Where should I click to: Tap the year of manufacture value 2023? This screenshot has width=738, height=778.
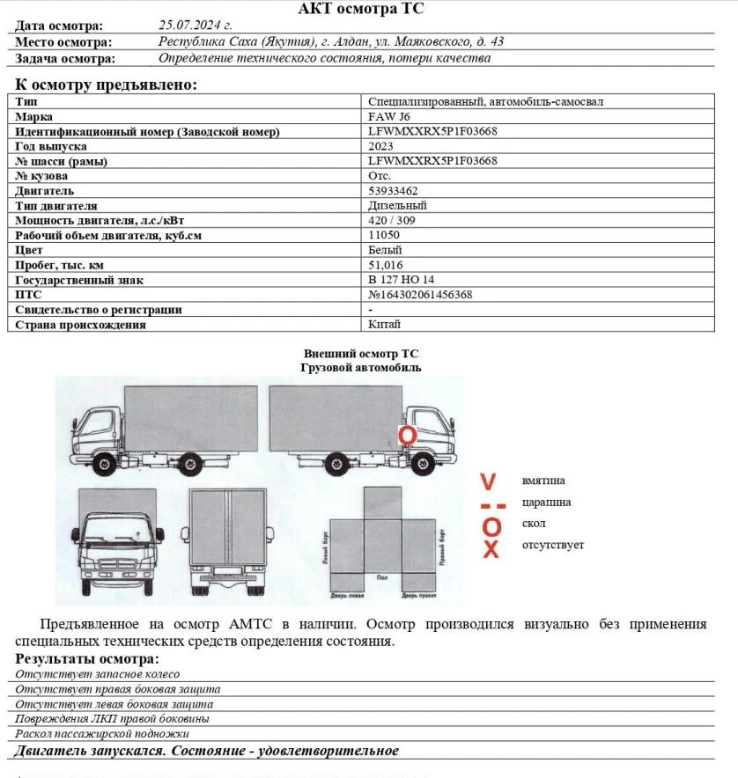click(x=380, y=146)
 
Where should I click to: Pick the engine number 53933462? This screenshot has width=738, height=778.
click(x=393, y=190)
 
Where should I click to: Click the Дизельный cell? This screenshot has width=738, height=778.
click(x=397, y=205)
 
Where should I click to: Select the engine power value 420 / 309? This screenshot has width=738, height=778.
click(x=392, y=220)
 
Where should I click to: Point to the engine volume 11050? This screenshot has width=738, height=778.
click(x=384, y=235)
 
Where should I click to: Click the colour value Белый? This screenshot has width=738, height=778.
click(x=385, y=250)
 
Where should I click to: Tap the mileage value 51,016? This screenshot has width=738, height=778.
click(x=386, y=265)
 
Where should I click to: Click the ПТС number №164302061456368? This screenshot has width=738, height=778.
click(x=420, y=295)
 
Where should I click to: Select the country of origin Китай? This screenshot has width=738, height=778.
click(x=385, y=325)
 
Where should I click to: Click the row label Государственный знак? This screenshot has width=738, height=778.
click(x=79, y=280)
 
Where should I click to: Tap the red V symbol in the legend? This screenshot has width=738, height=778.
click(x=489, y=481)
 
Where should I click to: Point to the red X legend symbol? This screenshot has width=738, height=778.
click(x=491, y=549)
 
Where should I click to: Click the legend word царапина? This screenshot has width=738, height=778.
click(x=546, y=503)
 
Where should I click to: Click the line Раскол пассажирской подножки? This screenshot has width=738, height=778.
click(x=102, y=733)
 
